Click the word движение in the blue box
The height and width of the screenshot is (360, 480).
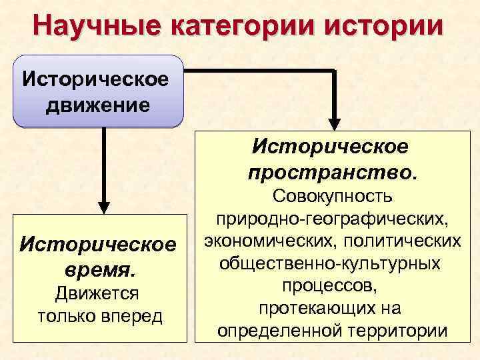click(x=97, y=105)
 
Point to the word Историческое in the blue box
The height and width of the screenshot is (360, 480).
click(x=97, y=81)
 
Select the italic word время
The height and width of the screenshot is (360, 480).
click(x=98, y=270)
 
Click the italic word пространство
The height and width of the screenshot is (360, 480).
click(x=333, y=172)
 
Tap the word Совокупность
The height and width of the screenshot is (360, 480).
click(x=333, y=197)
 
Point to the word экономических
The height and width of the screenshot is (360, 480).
click(x=259, y=241)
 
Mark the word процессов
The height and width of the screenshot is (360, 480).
click(x=333, y=286)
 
